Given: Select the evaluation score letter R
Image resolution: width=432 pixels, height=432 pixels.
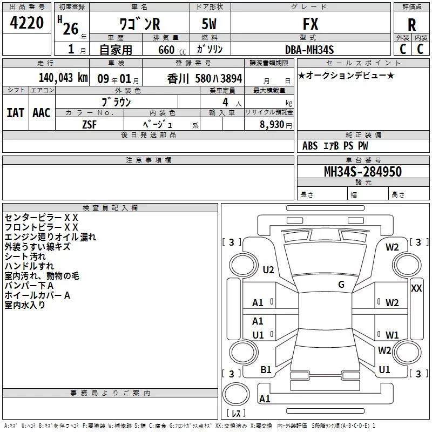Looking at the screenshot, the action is click(x=411, y=25).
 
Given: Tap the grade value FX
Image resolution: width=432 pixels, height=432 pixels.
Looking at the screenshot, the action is click(x=310, y=24).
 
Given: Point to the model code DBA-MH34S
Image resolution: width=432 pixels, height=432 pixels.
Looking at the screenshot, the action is click(x=309, y=50).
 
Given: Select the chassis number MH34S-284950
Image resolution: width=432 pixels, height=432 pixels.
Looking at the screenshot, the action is click(x=362, y=172).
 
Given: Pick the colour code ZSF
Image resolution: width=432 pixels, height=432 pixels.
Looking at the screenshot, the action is click(x=90, y=124).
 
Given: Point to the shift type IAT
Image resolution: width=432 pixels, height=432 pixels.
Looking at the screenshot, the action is click(x=15, y=112).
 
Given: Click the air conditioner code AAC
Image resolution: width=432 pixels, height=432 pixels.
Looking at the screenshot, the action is click(x=42, y=112).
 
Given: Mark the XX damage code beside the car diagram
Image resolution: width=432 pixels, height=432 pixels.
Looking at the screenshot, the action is click(x=416, y=288).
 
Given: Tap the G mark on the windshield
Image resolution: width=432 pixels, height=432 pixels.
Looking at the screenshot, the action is click(x=341, y=285).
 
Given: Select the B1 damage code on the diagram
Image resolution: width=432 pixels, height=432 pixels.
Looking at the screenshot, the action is click(x=266, y=370).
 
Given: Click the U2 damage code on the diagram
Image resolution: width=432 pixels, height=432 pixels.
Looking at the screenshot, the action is click(x=268, y=270).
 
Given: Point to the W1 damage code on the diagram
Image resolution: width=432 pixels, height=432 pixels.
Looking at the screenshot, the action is click(x=392, y=335).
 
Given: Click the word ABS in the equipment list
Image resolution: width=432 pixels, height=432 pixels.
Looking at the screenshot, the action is click(x=310, y=146).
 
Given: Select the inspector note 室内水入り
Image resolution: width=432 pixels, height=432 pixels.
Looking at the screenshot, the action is click(x=25, y=305).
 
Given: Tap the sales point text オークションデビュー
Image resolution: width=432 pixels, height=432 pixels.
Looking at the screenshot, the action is click(x=346, y=75).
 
